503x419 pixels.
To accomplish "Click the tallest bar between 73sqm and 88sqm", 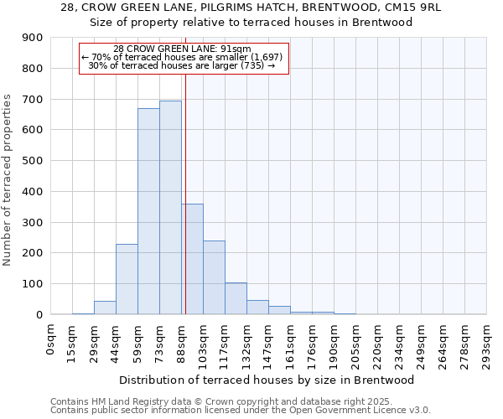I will coord(170,208).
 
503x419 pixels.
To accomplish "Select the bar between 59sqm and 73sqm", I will coord(148,211).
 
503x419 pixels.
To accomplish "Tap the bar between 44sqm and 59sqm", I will coord(127,279).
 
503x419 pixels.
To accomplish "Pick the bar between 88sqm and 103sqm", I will coord(192,259).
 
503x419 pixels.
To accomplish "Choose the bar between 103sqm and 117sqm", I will coord(214,277).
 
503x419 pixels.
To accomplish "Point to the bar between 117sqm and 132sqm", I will coord(236,298).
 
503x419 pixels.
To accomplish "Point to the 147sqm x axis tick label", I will coord(269,343).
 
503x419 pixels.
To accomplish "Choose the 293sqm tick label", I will coord(487,343).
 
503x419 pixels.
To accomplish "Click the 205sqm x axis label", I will coord(356,343).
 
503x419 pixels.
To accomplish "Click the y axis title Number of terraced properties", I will coord(8,180).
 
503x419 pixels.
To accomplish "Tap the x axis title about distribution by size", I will coord(268,380).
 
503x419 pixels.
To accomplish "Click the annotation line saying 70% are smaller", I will coord(182,57).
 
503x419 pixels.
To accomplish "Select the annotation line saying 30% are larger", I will coord(182,65).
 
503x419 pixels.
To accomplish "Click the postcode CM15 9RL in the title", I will coord(416,8).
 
